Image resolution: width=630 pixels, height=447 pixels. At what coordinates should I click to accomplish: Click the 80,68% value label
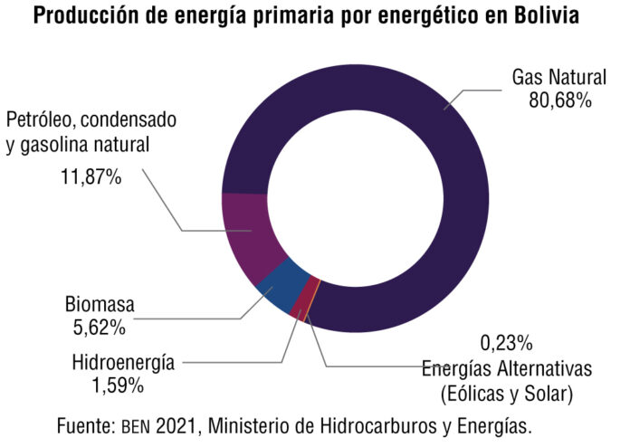559,100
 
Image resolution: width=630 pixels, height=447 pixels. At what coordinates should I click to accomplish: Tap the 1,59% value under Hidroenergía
112,385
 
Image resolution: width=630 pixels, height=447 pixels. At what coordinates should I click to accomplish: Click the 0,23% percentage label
506,344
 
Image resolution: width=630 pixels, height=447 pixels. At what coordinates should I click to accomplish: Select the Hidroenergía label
123,364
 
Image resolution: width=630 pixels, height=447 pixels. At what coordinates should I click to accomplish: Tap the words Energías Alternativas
506,369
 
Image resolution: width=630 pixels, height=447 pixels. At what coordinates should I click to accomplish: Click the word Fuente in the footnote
82,424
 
